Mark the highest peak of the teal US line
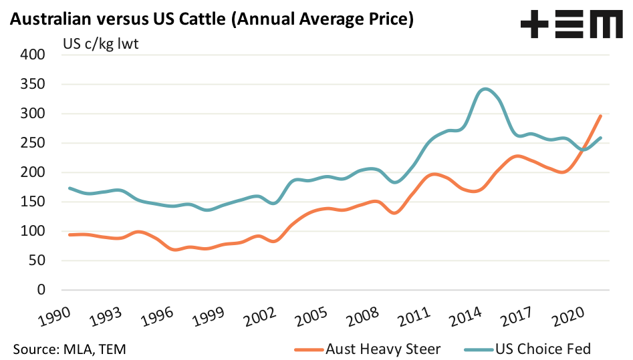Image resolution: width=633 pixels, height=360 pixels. tap(485, 89)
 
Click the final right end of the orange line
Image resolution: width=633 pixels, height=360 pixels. tap(600, 116)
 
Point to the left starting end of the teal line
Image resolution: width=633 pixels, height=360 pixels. tap(70, 188)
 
